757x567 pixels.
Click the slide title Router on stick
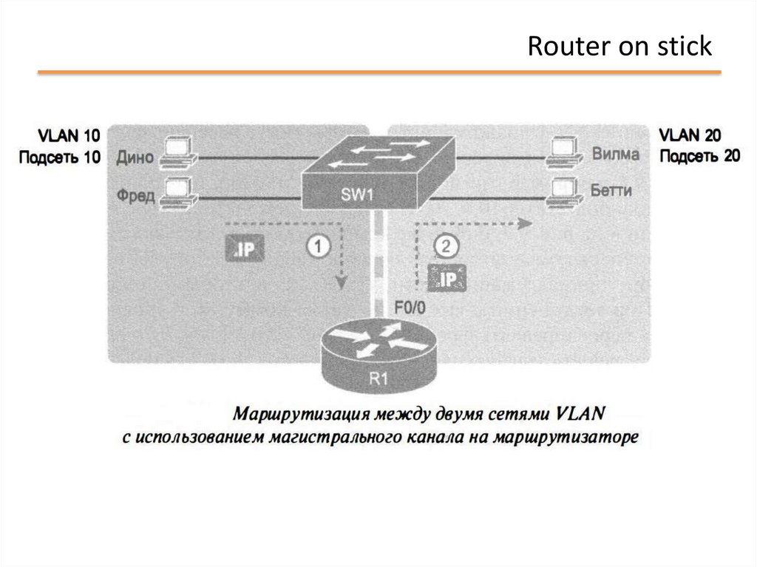[x=619, y=47]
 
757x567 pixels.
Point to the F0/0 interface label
[x=410, y=309]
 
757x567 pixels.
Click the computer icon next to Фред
[x=177, y=191]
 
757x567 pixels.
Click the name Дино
[x=135, y=157]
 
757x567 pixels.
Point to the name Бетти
[x=611, y=191]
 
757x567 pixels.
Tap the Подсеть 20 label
[x=699, y=156]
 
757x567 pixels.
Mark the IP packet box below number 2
[x=447, y=278]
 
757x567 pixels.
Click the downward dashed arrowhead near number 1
[x=341, y=283]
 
